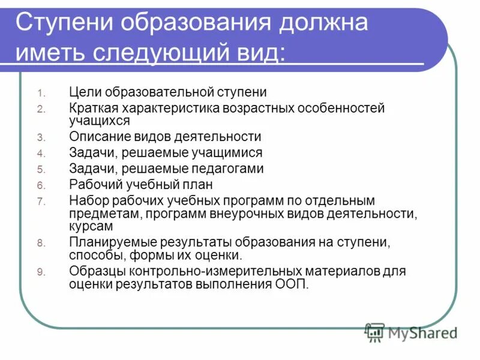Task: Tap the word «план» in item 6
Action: pos(199,185)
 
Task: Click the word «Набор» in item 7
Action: pos(88,201)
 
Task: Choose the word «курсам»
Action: pos(91,227)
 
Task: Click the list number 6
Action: pos(41,185)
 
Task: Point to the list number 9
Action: pos(41,272)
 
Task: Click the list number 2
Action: pos(41,109)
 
